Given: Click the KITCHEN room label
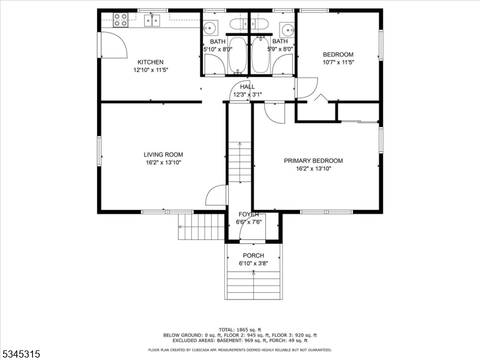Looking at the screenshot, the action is (x=151, y=62).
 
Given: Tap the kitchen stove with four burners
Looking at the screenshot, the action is (x=121, y=20).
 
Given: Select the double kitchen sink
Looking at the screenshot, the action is (x=152, y=20).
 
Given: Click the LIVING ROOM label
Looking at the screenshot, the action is (x=163, y=155).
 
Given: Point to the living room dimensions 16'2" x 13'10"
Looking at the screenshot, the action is (x=163, y=163).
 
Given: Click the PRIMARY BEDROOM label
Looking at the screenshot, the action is (x=313, y=161).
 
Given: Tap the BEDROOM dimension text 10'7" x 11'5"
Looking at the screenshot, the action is (x=338, y=62).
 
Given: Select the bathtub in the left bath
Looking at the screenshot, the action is (x=237, y=55).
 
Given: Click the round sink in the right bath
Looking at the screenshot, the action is (x=287, y=29).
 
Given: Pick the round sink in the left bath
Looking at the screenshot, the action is (x=211, y=28).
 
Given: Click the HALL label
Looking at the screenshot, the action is (x=247, y=87).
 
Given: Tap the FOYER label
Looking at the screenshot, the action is (x=248, y=214).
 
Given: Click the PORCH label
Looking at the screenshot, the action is (x=253, y=256).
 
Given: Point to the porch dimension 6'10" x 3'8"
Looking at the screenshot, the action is (x=253, y=263).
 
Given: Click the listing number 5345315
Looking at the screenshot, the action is (x=20, y=354).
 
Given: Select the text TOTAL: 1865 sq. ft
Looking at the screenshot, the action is (x=240, y=329).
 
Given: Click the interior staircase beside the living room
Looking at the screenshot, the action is (x=239, y=162).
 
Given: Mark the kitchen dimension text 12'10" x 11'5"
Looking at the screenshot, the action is (x=151, y=70).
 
